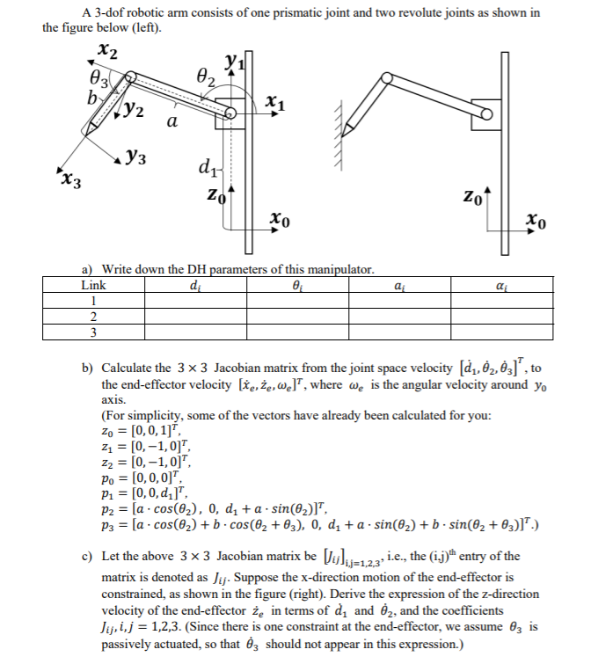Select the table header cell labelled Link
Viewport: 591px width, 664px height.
click(93, 285)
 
